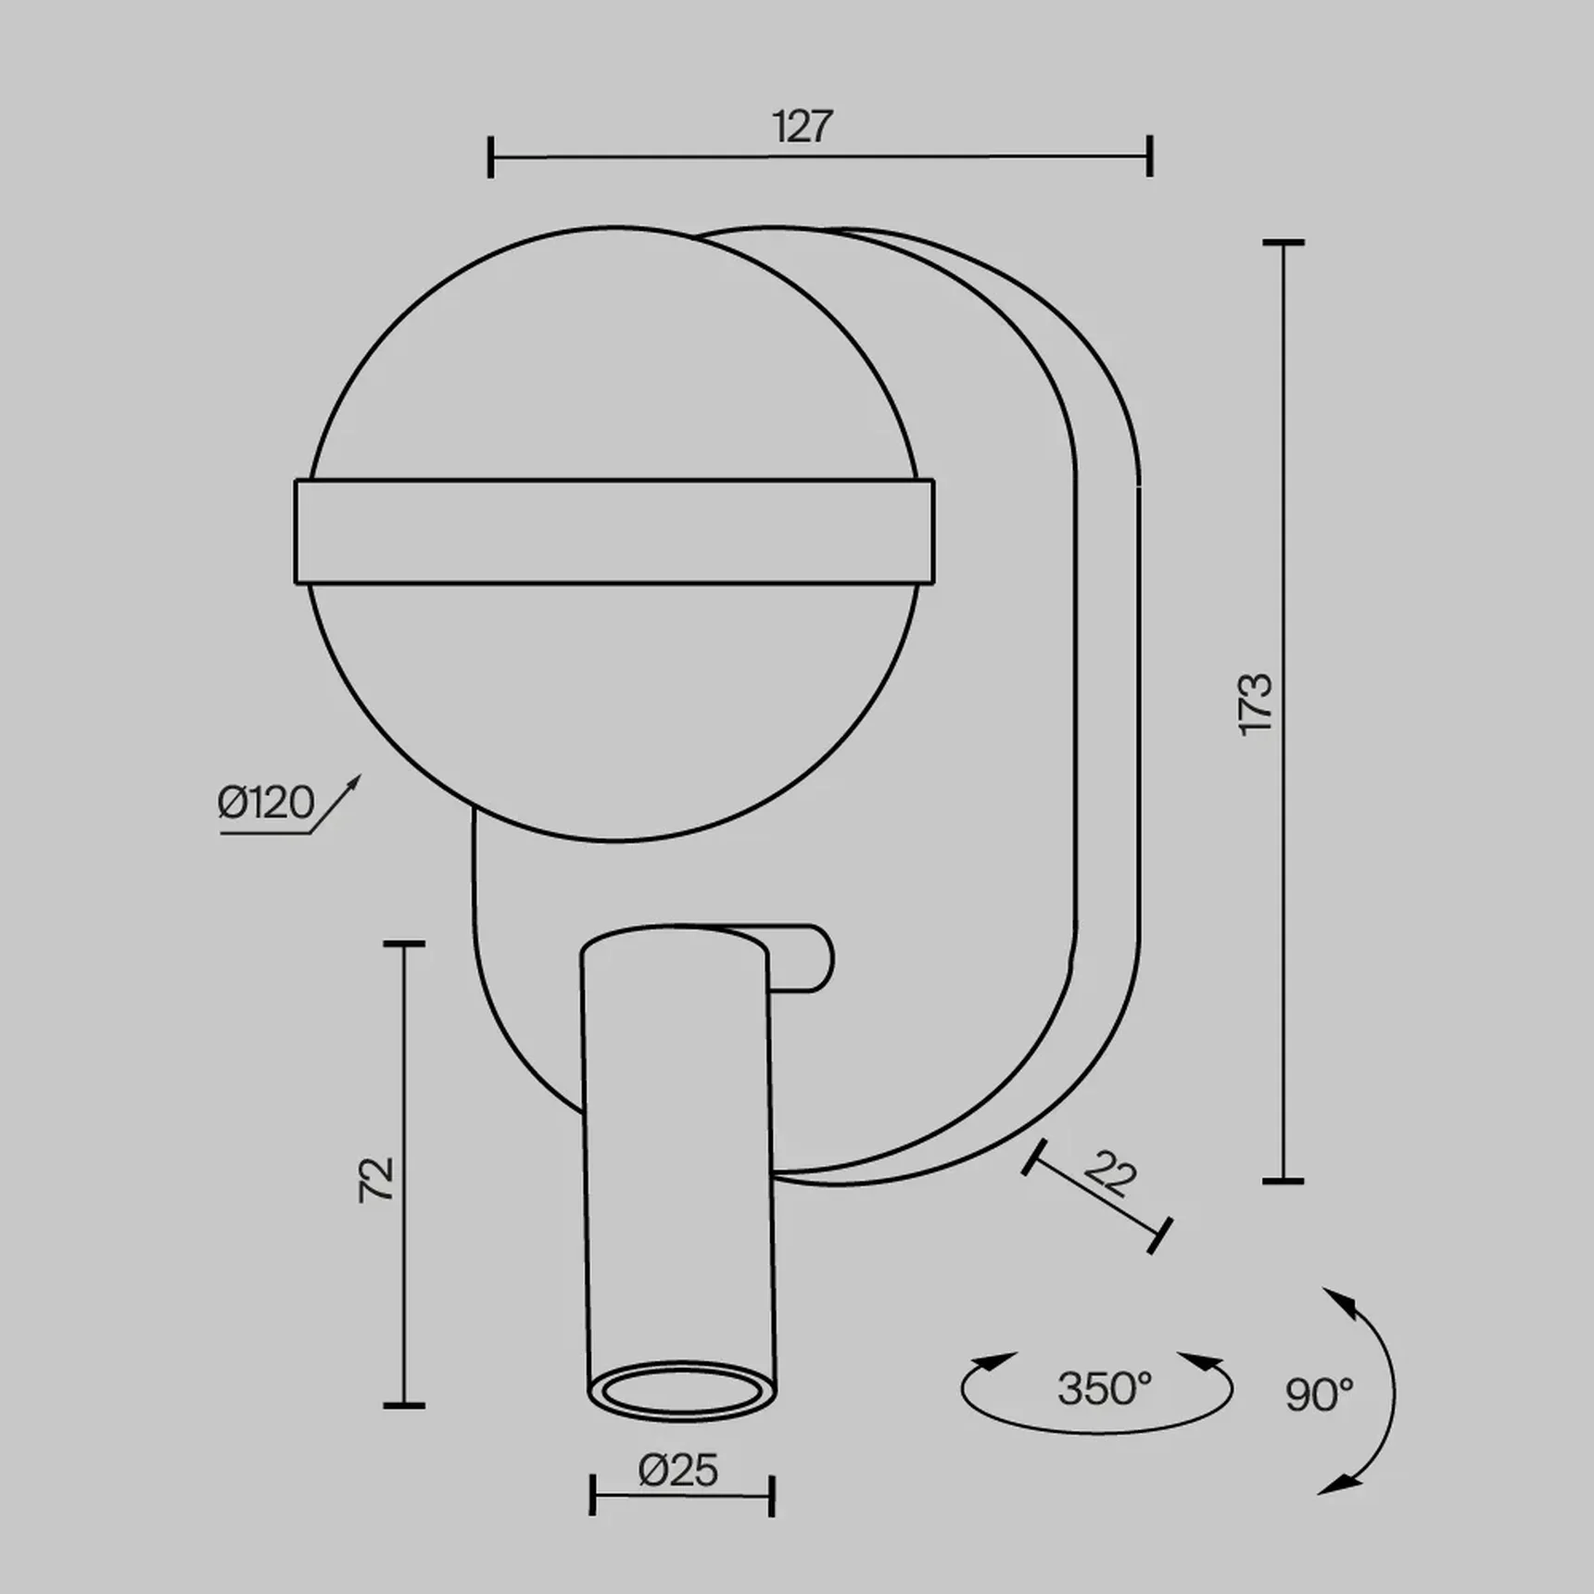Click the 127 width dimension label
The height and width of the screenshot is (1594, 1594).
[x=803, y=127]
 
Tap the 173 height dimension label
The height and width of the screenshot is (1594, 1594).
[x=1256, y=705]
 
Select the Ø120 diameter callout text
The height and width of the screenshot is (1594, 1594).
[x=266, y=803]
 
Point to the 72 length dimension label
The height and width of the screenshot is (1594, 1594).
[x=376, y=1180]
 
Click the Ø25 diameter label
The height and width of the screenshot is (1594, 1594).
[x=678, y=1471]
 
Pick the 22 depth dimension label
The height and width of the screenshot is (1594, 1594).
[x=1109, y=1174]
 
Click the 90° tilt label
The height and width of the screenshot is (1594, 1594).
[x=1320, y=1394]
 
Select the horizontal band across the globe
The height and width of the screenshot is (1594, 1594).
[x=614, y=532]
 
